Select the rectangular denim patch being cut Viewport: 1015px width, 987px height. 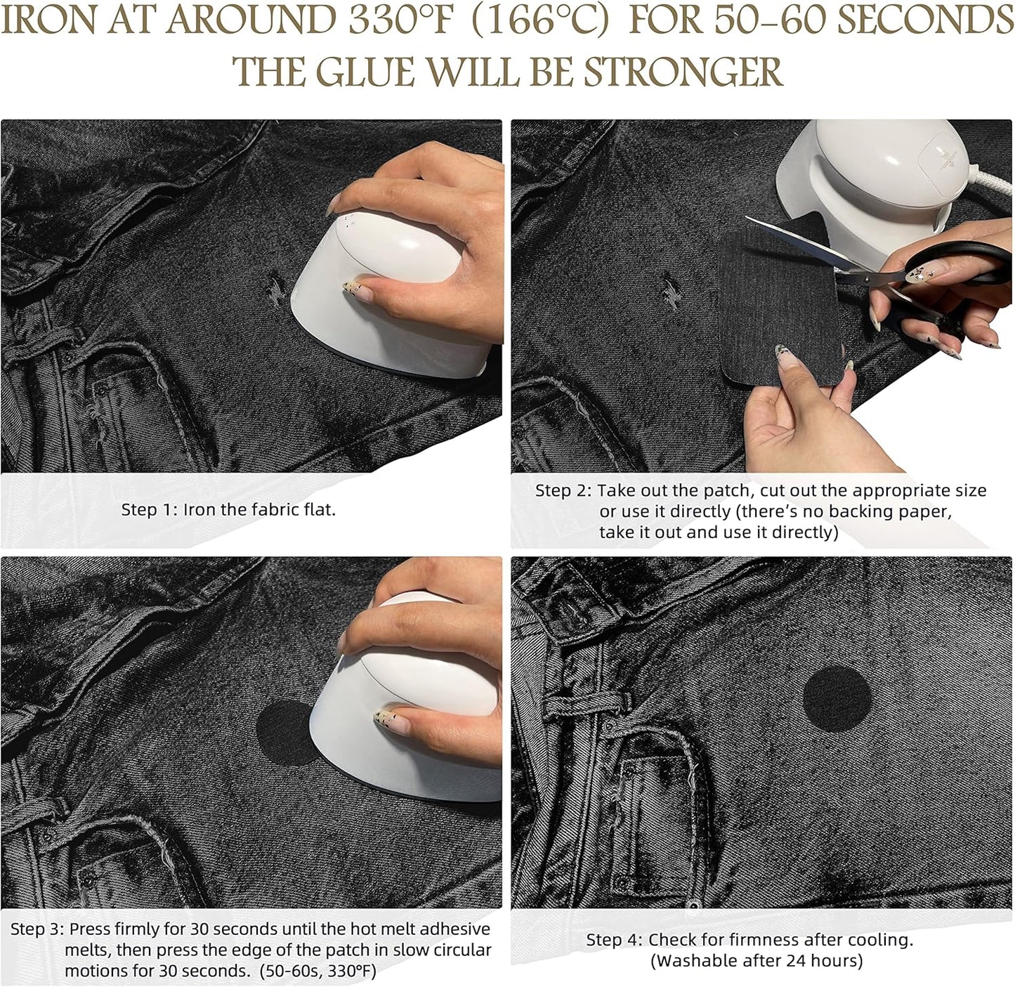[773, 330]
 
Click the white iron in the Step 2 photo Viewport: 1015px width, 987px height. [857, 176]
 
